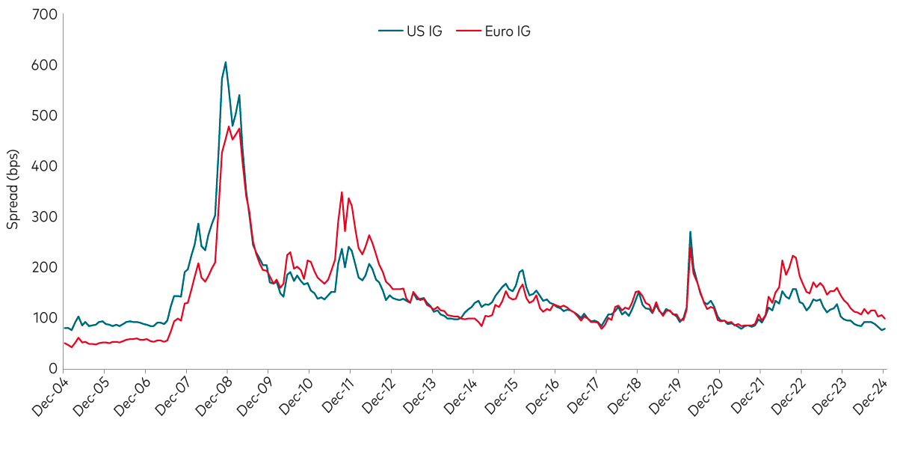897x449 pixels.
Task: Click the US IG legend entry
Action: click(x=410, y=31)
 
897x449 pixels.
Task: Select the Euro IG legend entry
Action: click(x=498, y=31)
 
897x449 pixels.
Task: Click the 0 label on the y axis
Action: click(x=52, y=368)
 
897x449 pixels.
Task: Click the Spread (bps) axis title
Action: click(x=13, y=190)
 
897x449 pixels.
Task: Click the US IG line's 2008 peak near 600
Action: click(x=226, y=62)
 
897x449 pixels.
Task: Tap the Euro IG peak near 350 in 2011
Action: click(x=342, y=192)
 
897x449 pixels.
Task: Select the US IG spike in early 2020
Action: click(x=690, y=232)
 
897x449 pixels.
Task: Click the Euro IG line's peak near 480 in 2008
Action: click(x=229, y=126)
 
